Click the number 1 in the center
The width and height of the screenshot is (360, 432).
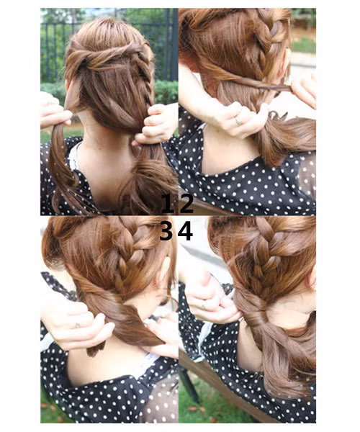point(167,204)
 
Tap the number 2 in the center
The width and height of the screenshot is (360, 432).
point(186,204)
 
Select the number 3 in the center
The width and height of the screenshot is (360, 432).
point(167,231)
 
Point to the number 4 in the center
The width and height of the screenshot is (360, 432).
point(186,231)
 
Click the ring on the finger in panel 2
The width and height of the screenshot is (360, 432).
point(237,120)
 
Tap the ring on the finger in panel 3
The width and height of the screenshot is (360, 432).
point(77,325)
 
